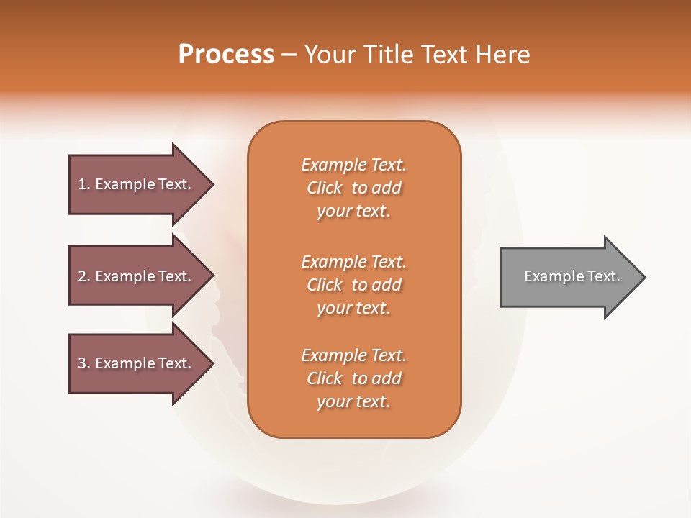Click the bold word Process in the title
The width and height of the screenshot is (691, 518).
(226, 55)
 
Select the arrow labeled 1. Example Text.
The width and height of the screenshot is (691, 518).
(137, 184)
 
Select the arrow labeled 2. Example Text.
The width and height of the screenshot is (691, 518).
(137, 276)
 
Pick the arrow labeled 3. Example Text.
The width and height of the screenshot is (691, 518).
(137, 363)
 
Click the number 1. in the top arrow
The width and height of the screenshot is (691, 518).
(84, 184)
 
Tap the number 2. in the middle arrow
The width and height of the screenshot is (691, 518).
(84, 276)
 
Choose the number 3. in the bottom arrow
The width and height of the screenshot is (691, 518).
(84, 363)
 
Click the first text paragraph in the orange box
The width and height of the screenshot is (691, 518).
(353, 188)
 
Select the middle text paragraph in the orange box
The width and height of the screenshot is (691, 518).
(353, 285)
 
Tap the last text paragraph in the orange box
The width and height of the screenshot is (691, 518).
(353, 378)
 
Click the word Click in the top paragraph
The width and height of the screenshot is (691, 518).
(325, 188)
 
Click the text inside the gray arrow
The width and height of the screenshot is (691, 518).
(572, 276)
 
